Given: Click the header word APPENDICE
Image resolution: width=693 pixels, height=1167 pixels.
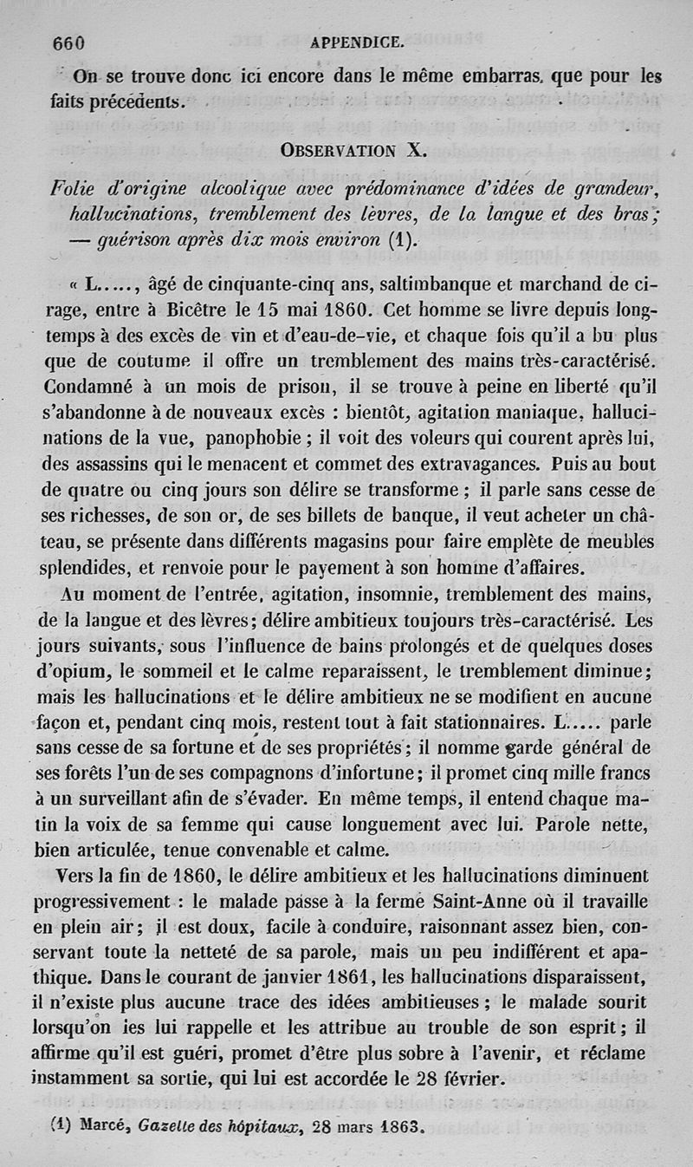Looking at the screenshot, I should (x=355, y=42).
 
